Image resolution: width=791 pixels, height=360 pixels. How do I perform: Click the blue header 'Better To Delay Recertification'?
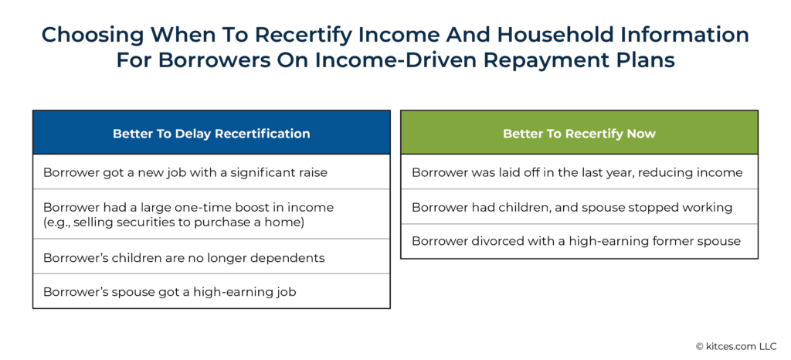[x=211, y=133]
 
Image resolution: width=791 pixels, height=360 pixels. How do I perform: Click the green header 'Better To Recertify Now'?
[x=579, y=133]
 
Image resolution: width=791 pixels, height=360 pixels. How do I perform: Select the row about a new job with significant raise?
[x=185, y=172]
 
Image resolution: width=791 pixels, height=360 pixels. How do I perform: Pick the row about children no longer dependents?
[x=184, y=257]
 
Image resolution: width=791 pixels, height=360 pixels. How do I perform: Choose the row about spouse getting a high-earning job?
[x=170, y=292]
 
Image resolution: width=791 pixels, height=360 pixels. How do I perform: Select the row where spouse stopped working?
[x=572, y=207]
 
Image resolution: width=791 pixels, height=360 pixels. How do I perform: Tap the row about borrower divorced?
[x=575, y=241]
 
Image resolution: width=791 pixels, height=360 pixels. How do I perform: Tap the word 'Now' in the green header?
[x=642, y=133]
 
